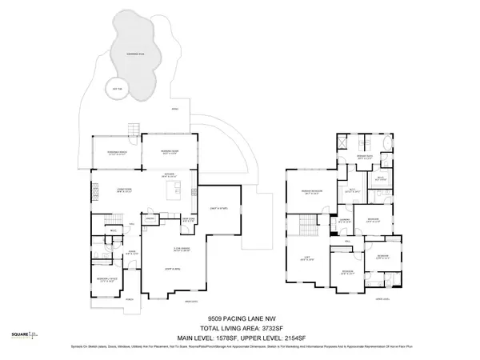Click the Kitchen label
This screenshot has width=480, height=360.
[170, 174]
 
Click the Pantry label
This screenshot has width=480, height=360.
[149, 218]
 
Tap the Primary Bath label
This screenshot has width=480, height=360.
[365, 157]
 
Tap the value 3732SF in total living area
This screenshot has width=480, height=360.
[272, 326]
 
